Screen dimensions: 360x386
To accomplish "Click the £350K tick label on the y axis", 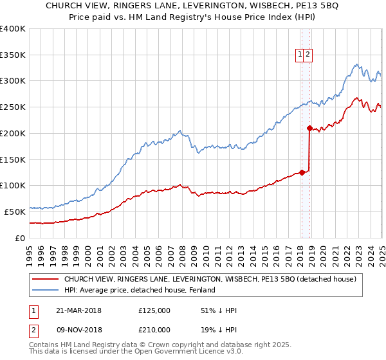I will pos(12,55).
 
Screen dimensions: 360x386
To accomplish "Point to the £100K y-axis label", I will pos(12,186).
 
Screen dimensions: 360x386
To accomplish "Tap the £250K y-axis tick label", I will pos(12,107).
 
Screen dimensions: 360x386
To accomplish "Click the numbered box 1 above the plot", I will pos(300,55).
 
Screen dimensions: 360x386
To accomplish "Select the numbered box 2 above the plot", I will pos(308,55).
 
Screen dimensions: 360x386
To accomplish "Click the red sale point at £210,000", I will pos(309,128).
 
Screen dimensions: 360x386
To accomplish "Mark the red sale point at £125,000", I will pos(302,172).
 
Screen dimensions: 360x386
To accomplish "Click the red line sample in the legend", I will pos(45,279).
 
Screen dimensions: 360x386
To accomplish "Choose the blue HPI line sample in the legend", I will pos(45,290).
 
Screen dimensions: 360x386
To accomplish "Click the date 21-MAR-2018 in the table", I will pos(79,311).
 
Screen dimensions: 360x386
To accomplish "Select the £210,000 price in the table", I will pos(154,329).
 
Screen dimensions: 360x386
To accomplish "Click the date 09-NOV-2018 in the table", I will pos(79,329).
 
